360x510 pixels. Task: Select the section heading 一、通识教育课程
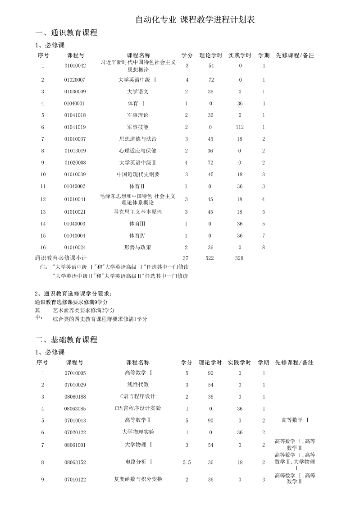(66, 33)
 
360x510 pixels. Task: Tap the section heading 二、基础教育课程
(66, 340)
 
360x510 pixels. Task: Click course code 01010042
(75, 66)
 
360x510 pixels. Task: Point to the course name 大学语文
(138, 92)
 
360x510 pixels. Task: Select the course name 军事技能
(138, 127)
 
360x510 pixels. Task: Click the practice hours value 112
(240, 127)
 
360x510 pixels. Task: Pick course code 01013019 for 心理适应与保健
(75, 151)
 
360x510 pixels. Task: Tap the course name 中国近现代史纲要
(138, 174)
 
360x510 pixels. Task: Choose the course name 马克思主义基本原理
(138, 211)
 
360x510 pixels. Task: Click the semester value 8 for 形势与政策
(264, 247)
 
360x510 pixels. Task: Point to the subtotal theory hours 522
(210, 258)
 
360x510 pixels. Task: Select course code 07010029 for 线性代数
(75, 385)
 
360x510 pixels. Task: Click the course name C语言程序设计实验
(138, 408)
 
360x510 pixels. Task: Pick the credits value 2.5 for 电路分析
(187, 462)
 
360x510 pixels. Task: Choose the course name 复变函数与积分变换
(138, 479)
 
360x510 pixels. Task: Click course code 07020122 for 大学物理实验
(75, 432)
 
